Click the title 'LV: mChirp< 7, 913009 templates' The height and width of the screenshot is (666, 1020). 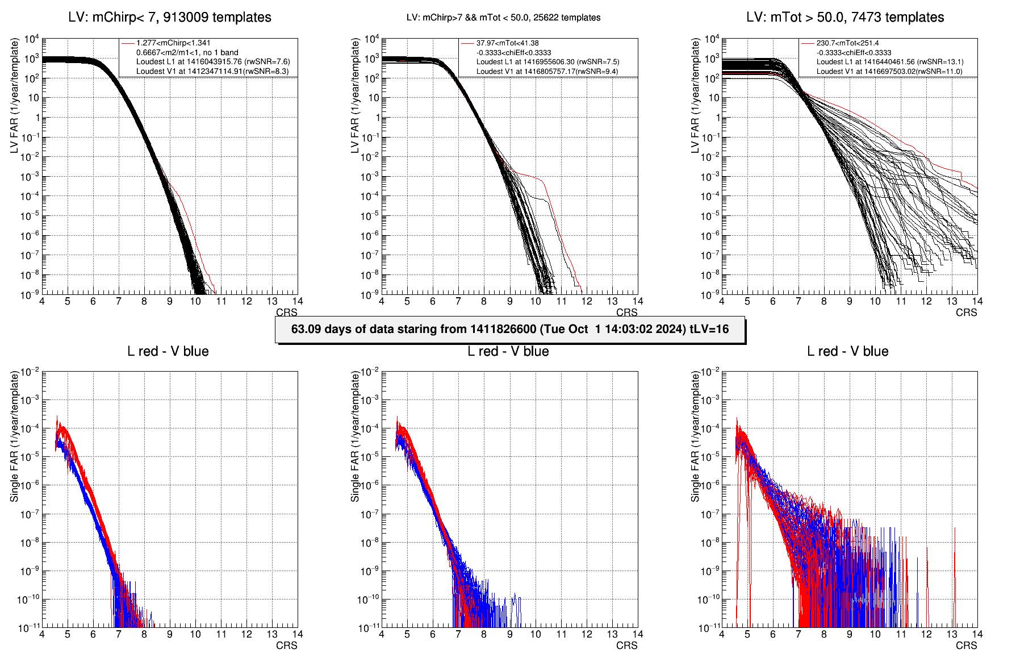click(x=169, y=18)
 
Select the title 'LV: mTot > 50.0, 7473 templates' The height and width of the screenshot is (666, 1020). click(x=845, y=18)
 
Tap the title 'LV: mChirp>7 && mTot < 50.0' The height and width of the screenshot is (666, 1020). click(x=503, y=18)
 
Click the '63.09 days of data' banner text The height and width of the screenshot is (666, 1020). click(x=509, y=330)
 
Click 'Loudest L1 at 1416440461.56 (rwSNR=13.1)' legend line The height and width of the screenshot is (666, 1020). click(x=889, y=62)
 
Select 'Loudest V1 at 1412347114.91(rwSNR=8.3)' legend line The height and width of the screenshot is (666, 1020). click(x=212, y=72)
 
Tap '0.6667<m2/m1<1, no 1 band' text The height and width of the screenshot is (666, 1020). click(x=187, y=52)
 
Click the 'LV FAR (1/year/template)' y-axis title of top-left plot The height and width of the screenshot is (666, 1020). click(x=14, y=95)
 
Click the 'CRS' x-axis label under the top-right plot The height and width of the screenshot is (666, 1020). click(x=966, y=313)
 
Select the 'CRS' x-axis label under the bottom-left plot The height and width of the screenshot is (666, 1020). click(x=286, y=646)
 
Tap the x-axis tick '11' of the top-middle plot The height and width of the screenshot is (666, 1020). click(x=561, y=301)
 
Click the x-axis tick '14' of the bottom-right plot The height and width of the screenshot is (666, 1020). click(x=977, y=634)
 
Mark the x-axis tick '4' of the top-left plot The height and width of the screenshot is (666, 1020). click(x=42, y=301)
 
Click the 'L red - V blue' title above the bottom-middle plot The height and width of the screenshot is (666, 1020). click(x=508, y=352)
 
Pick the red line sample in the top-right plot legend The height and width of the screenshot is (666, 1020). click(x=808, y=43)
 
